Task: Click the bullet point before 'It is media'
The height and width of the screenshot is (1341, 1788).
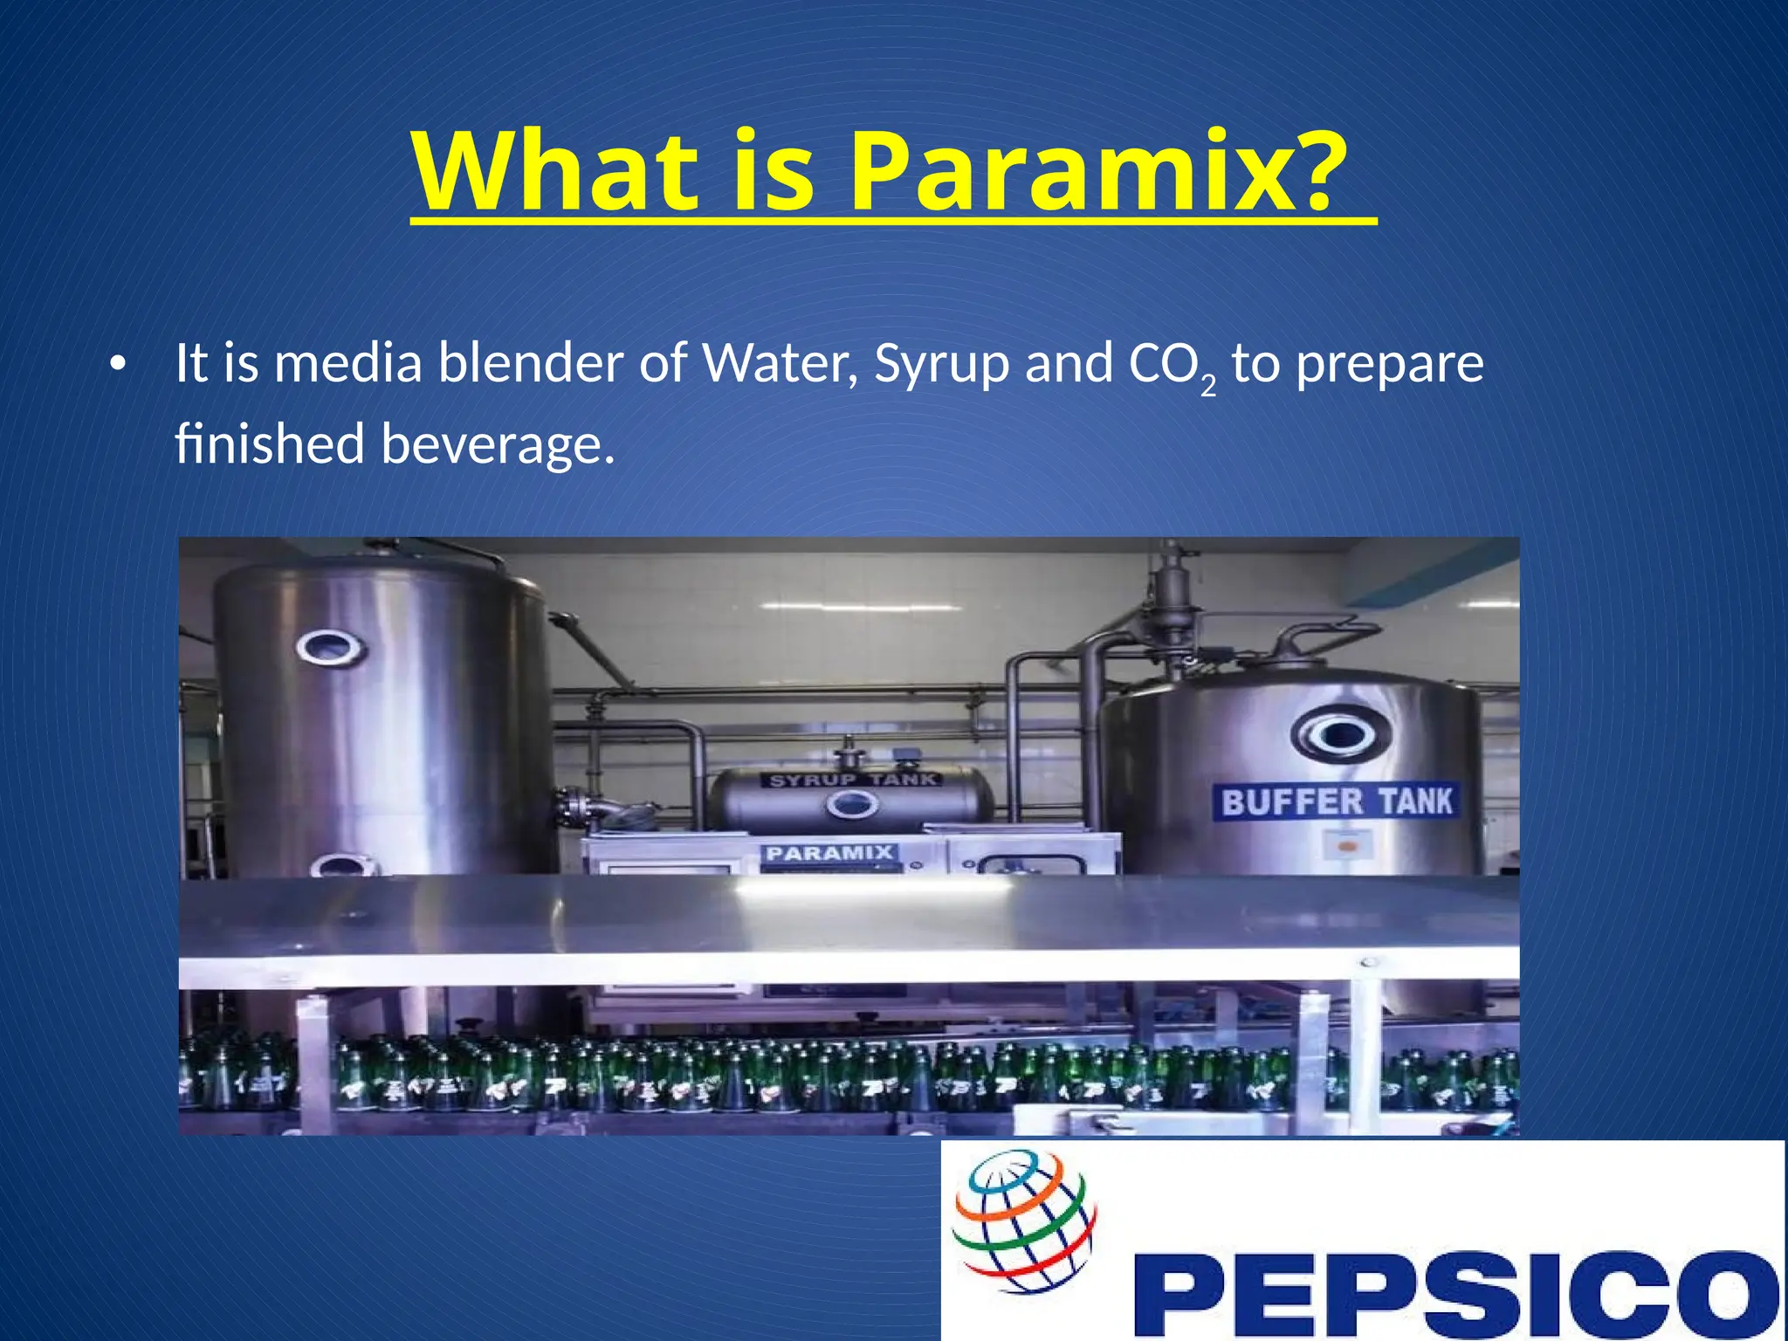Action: pyautogui.click(x=118, y=365)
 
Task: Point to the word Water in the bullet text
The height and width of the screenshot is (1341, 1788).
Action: pyautogui.click(x=781, y=363)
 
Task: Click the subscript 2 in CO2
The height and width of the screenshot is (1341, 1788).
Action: pyautogui.click(x=1207, y=385)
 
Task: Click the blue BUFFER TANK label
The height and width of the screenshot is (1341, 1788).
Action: pyautogui.click(x=1336, y=801)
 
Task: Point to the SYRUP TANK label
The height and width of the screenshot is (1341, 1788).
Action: pyautogui.click(x=853, y=780)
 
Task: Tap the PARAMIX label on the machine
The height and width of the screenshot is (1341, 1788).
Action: pyautogui.click(x=829, y=853)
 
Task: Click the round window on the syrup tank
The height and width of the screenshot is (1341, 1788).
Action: pyautogui.click(x=852, y=805)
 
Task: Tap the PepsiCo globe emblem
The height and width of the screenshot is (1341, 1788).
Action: pyautogui.click(x=1024, y=1221)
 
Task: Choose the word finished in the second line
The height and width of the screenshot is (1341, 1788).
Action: pyautogui.click(x=269, y=444)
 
